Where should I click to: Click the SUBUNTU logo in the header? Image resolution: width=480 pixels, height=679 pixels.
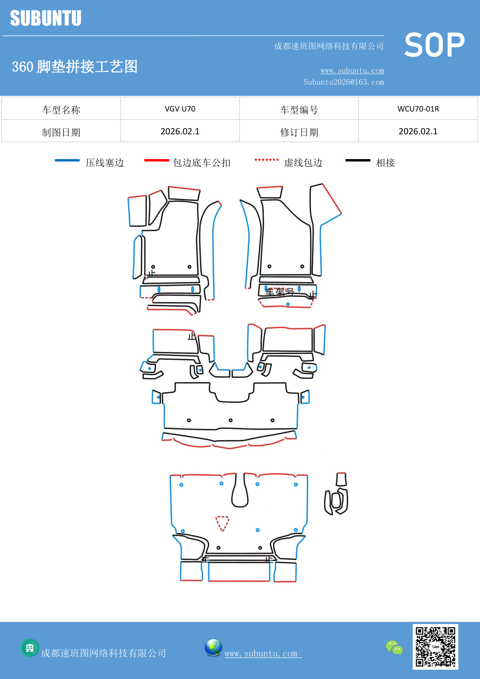pos(46,18)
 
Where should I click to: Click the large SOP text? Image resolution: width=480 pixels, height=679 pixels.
pos(434,45)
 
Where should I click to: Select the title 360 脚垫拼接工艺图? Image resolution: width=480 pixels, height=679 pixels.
pos(75,67)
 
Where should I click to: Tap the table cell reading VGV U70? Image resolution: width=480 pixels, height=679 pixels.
pos(180,109)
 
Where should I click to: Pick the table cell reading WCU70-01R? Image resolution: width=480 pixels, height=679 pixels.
pos(418,109)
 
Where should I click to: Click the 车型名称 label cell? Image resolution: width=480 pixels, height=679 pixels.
pos(61,110)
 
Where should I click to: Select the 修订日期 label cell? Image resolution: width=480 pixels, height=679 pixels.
pos(299,132)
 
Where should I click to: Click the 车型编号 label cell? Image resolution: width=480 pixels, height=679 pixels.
pos(299,110)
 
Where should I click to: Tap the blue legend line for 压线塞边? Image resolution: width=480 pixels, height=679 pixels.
pos(67,160)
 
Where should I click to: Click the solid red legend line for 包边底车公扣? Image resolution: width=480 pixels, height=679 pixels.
pos(156,160)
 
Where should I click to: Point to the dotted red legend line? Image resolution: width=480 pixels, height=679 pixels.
pos(266,159)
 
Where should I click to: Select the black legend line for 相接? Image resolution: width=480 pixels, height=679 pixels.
pos(358,160)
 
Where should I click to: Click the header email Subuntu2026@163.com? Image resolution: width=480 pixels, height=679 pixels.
pos(343,82)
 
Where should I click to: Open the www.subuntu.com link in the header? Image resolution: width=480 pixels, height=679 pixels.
pos(352,70)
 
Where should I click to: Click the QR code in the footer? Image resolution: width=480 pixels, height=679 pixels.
pos(435,646)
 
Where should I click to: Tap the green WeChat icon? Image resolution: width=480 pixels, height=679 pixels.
pos(394,647)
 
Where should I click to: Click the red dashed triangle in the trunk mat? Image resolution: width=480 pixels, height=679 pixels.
pos(222,523)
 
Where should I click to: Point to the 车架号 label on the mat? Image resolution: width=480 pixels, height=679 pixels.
pos(280,292)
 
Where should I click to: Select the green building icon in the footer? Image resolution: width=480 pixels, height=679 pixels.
pos(30,648)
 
